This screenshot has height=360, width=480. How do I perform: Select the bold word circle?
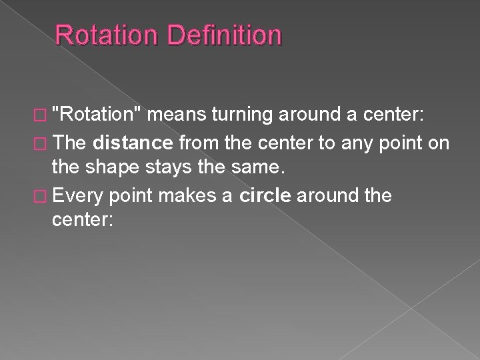(x=267, y=195)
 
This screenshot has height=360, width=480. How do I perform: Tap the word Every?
(x=79, y=196)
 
